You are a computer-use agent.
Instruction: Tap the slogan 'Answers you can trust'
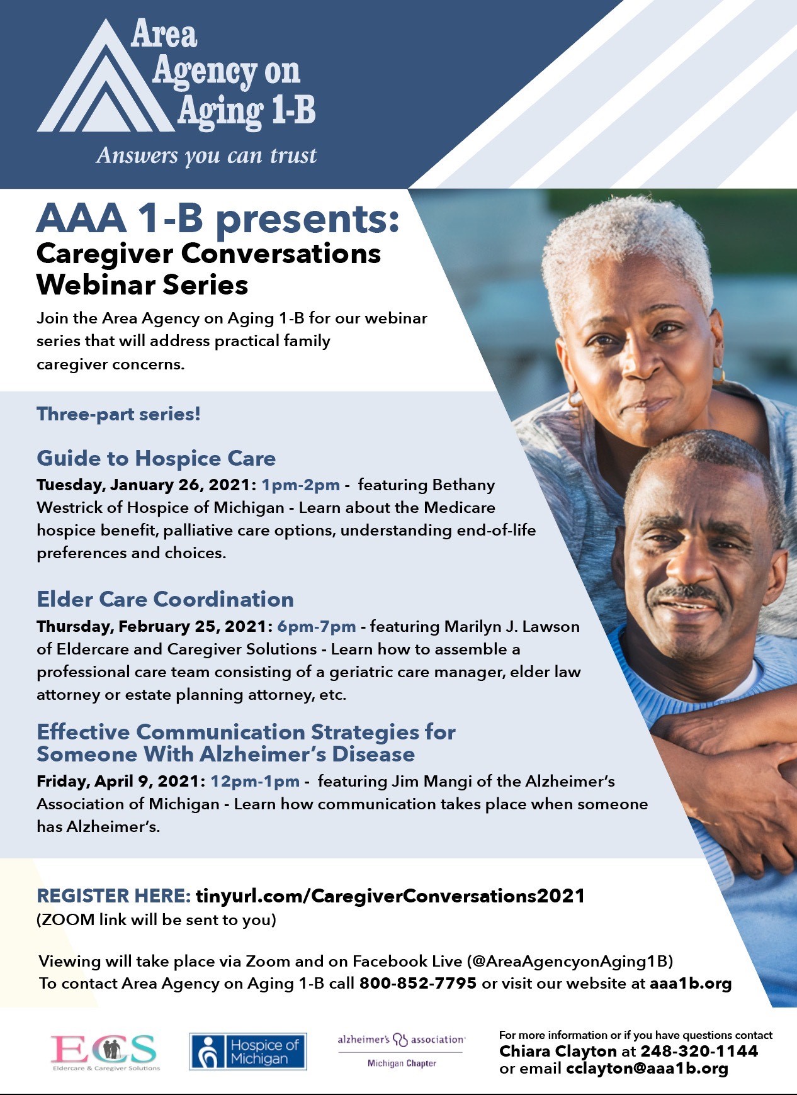(206, 155)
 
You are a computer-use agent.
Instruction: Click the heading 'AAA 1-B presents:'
(218, 218)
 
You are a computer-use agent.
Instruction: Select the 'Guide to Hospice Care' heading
(156, 458)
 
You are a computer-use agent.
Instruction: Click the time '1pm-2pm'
(301, 485)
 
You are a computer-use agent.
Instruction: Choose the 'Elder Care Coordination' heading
(166, 599)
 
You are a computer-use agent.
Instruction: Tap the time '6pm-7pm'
(317, 627)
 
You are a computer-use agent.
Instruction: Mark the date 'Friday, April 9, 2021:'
(121, 782)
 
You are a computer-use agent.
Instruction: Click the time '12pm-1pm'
(255, 782)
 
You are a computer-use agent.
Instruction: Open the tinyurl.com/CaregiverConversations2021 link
(390, 896)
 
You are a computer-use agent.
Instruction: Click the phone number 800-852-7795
(418, 983)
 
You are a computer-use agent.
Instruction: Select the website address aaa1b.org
(691, 984)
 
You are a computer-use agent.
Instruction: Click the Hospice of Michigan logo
(248, 1051)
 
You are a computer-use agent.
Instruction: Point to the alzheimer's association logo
(402, 1050)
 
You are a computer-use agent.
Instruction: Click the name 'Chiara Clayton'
(558, 1051)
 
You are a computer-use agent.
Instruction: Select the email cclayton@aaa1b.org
(647, 1069)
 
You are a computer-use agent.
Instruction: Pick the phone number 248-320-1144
(699, 1051)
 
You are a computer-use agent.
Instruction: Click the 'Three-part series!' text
(118, 414)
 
